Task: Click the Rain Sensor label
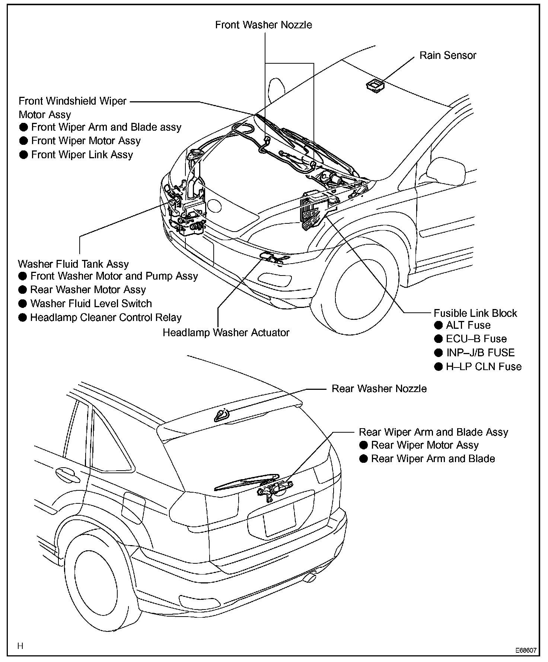448,55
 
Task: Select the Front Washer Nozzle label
264,25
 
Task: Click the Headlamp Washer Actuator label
226,332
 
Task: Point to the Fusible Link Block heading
475,313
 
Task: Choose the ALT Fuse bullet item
468,325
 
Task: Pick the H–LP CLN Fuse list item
484,367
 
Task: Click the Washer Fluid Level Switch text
91,303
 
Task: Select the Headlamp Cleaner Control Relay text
106,318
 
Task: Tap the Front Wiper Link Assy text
82,155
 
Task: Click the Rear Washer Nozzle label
379,389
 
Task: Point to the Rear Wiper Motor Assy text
424,445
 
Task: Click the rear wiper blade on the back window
246,482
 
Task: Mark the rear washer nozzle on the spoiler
222,414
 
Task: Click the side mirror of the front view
446,169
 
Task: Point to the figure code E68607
526,650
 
